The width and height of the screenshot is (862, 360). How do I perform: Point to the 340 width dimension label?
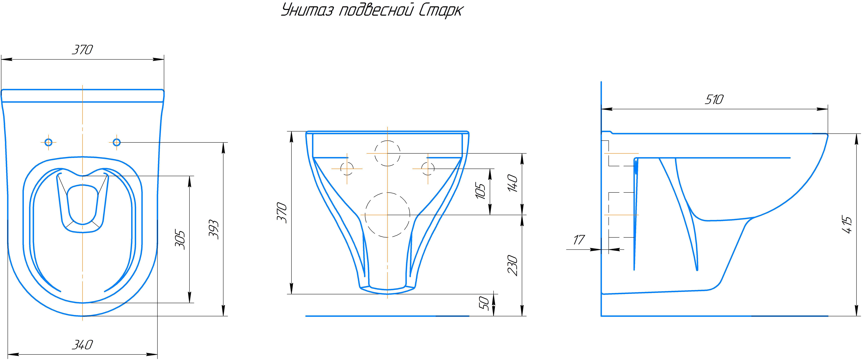pos(82,345)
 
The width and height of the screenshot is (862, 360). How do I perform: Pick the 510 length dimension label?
pos(714,99)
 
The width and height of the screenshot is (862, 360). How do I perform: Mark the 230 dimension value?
pos(513,265)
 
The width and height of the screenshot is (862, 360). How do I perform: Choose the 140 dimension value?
pos(513,183)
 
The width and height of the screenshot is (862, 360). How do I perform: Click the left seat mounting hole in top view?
pos(49,143)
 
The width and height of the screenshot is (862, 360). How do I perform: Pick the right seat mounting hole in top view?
pos(117,143)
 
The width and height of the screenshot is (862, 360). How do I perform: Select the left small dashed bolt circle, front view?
pos(347,169)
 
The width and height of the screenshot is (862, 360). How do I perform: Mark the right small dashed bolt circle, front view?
pos(428,169)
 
